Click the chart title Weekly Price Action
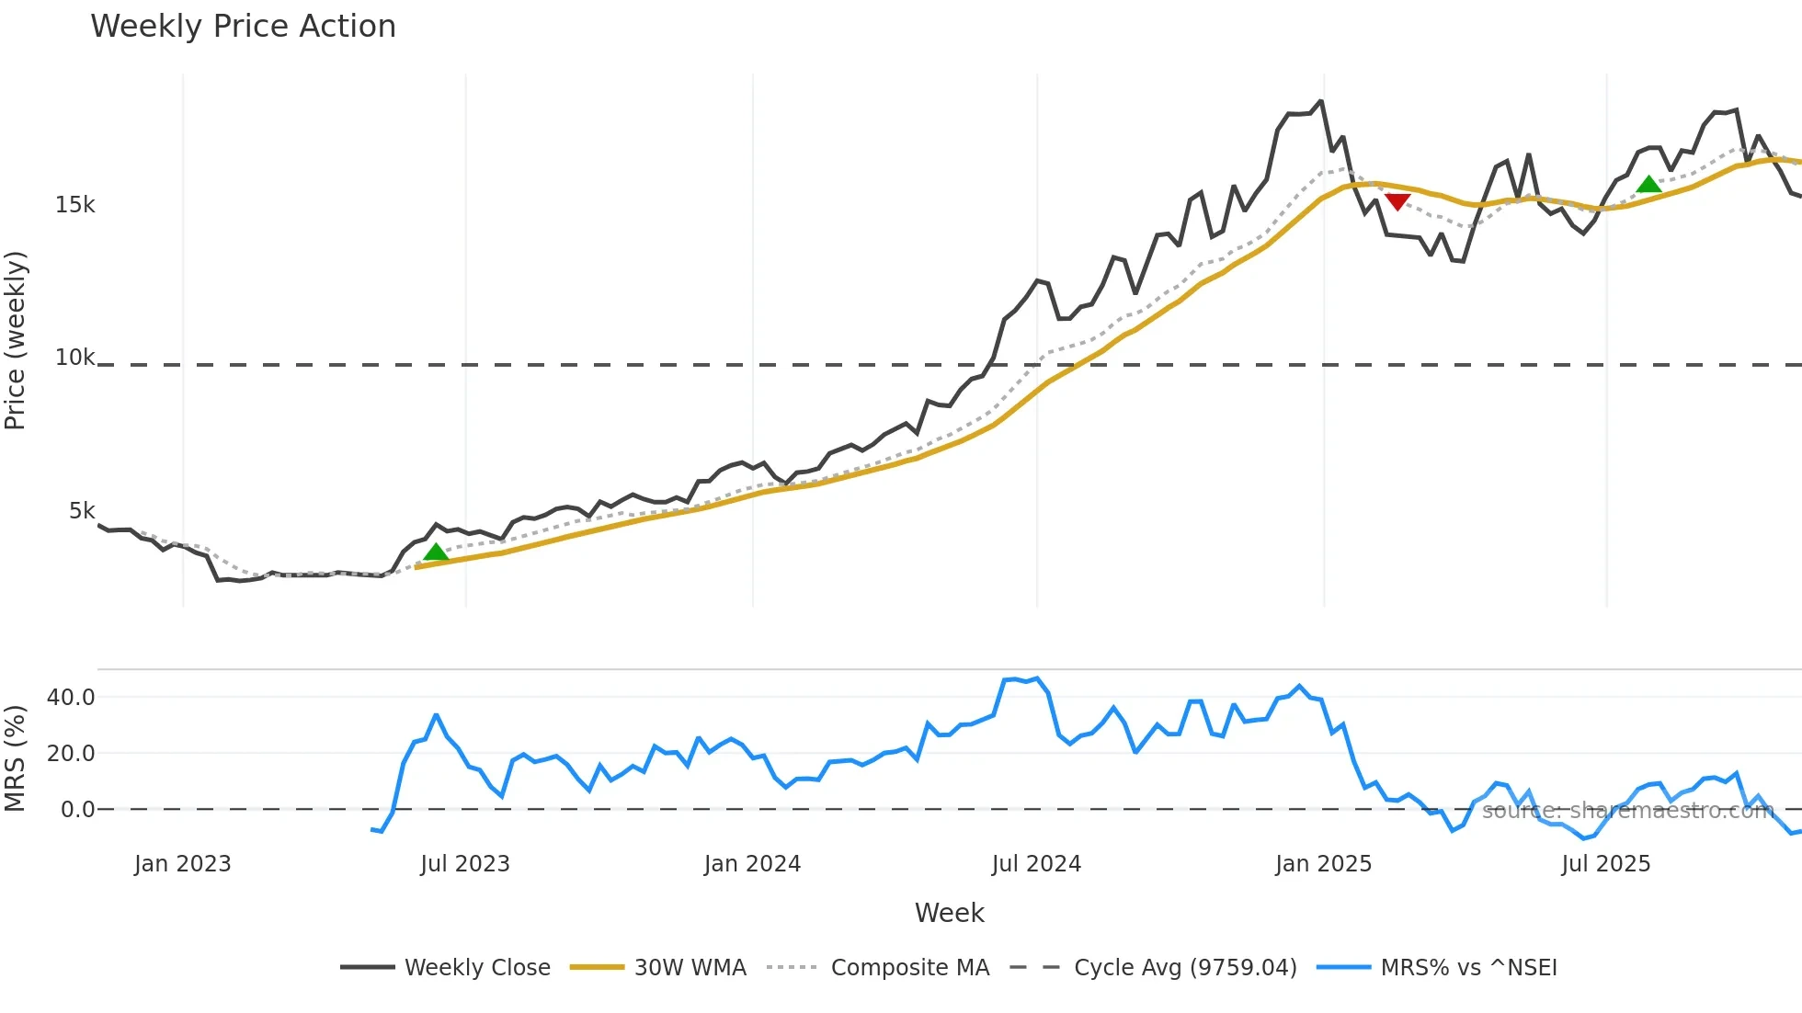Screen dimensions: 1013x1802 pos(243,27)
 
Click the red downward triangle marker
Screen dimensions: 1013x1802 pos(1397,201)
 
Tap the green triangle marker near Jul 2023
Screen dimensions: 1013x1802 pos(436,552)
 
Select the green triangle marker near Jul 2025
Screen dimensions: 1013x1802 pos(1648,184)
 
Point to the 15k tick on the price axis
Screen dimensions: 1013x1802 pos(74,205)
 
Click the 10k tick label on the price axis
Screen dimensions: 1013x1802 pos(74,358)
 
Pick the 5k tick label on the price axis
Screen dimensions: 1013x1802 pos(81,511)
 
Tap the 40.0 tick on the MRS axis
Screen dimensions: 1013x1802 pos(71,698)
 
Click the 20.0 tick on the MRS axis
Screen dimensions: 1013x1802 pos(71,754)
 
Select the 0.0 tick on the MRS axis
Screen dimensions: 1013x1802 pos(77,810)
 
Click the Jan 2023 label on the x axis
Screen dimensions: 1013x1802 pos(182,864)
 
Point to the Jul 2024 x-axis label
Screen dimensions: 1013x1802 pos(1036,864)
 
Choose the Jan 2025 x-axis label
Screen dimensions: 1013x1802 pos(1323,864)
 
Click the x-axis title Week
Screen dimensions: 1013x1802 pos(949,913)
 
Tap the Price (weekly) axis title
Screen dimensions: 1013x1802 pos(16,340)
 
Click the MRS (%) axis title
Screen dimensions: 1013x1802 pos(16,758)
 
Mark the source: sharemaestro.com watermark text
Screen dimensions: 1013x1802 pos(1627,811)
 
